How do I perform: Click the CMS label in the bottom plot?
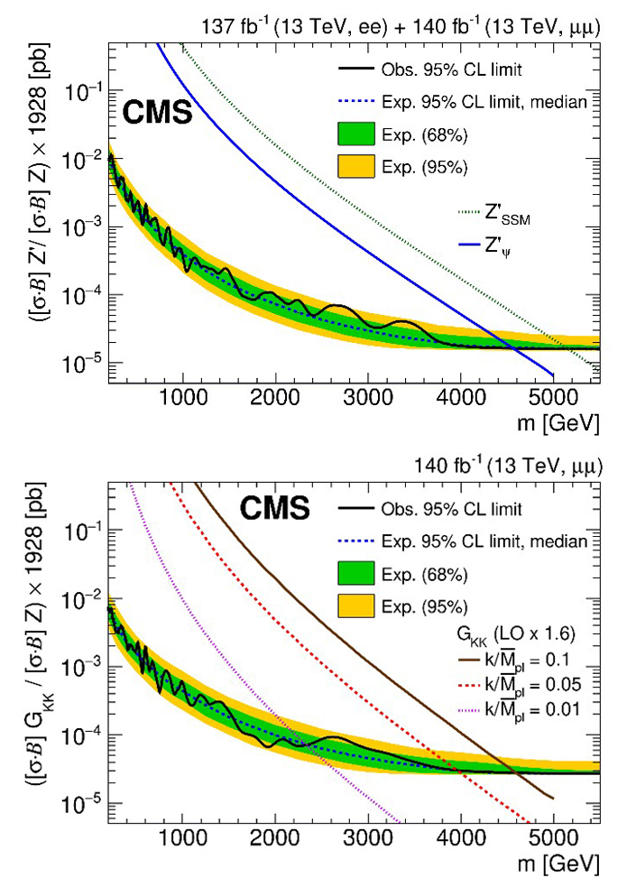click(x=274, y=510)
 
